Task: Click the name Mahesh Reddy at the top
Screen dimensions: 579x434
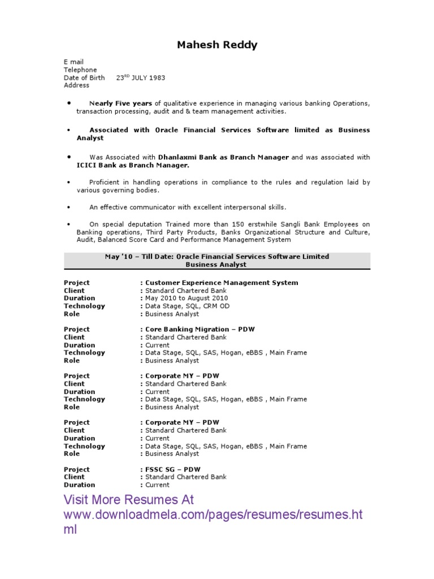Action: coord(217,45)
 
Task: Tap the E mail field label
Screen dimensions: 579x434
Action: coord(73,62)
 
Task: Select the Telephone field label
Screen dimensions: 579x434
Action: coord(80,70)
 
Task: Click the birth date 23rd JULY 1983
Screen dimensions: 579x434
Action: coord(141,77)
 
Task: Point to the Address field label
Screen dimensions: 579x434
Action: coord(76,85)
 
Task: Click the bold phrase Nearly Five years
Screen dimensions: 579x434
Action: coord(121,104)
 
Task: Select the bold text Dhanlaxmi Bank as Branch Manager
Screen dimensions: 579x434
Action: coord(223,157)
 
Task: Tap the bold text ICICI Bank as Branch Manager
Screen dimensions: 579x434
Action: coord(133,165)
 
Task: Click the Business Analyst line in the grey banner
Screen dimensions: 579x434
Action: coord(216,265)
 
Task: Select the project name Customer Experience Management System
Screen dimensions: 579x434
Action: coord(222,283)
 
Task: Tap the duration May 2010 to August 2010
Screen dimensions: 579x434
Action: coord(186,298)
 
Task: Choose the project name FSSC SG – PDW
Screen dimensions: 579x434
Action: coord(172,469)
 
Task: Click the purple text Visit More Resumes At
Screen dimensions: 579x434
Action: coord(128,500)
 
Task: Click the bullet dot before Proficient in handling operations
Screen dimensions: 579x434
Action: coord(68,183)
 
